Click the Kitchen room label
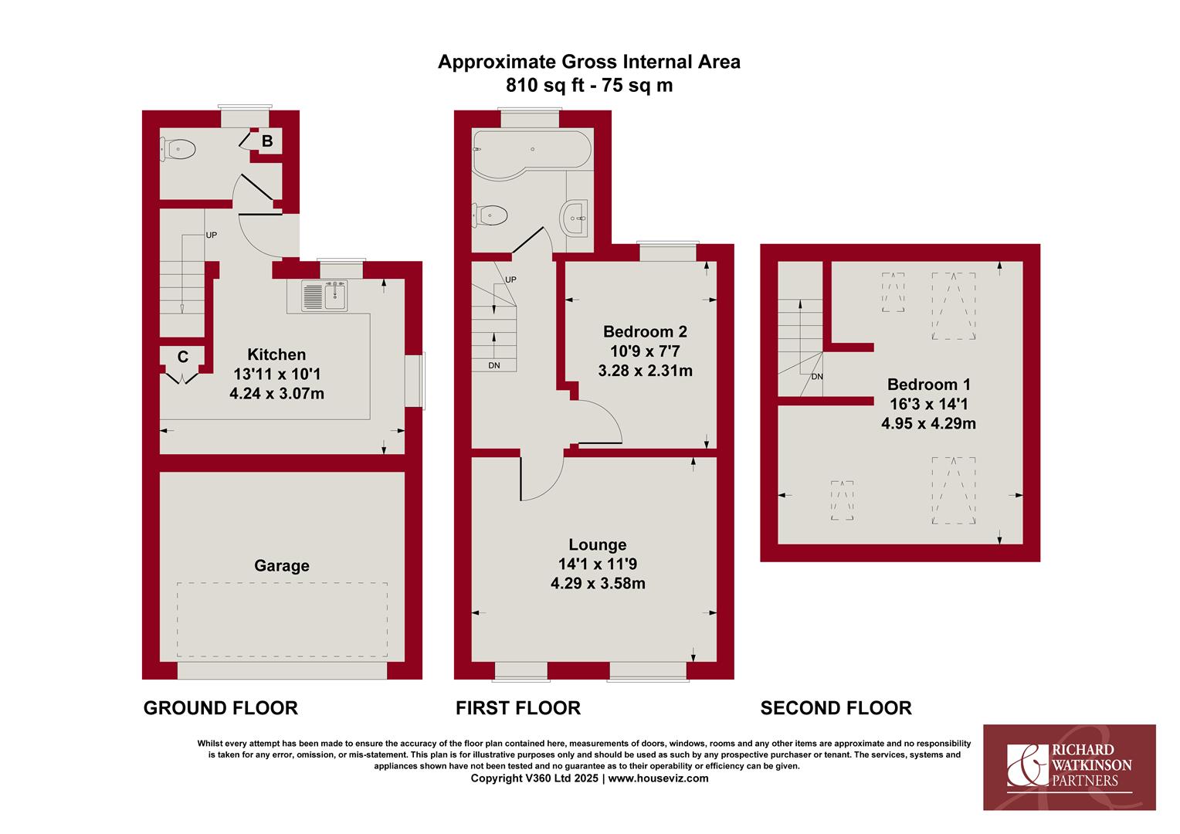(x=276, y=354)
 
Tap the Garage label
(x=282, y=566)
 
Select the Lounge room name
(x=598, y=544)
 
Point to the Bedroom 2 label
(x=645, y=331)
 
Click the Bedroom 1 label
(x=929, y=384)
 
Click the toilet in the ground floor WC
(x=178, y=150)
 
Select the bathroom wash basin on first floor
(x=575, y=218)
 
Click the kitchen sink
(x=325, y=295)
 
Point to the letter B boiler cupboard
(x=267, y=141)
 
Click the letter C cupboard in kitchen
(x=182, y=358)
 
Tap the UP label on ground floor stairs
(x=211, y=235)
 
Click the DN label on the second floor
(x=817, y=377)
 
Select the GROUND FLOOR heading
(x=221, y=708)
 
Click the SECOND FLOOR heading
(x=836, y=708)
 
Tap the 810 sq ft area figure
(x=545, y=86)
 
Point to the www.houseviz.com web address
(x=658, y=778)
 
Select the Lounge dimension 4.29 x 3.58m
(x=598, y=584)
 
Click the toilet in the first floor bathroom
(x=490, y=215)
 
